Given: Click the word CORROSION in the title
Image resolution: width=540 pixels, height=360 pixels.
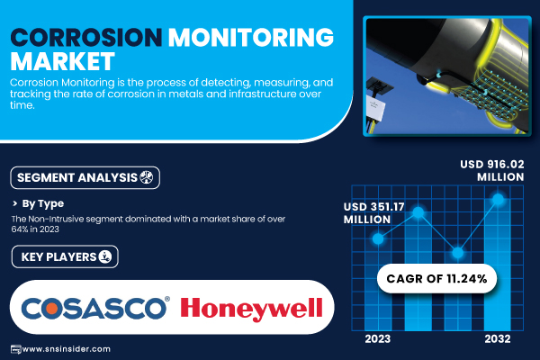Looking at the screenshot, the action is pos(86,37).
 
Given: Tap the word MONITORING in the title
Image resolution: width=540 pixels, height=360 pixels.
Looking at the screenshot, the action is pos(251,37).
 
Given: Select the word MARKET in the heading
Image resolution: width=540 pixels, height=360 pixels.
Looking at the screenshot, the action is pos(62,62).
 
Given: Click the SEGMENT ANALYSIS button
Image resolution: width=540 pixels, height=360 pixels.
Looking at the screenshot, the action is pos(85,178).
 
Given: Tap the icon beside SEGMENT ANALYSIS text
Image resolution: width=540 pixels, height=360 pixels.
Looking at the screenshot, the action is pos(147,177).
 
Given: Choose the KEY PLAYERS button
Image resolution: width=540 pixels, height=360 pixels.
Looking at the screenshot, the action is pos(65,256).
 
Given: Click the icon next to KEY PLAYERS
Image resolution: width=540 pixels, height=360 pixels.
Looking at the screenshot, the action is pos(105,256).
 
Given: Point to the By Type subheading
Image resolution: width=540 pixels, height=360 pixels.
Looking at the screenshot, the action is pos(42,203).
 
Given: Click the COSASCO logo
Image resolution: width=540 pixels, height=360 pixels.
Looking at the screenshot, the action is pos(95,308).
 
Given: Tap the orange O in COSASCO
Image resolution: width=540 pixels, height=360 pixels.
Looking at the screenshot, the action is pos(51,309).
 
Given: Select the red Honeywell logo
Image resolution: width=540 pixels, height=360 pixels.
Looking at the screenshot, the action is pos(251,309).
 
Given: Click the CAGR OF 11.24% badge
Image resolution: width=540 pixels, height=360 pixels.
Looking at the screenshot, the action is pos(436,279).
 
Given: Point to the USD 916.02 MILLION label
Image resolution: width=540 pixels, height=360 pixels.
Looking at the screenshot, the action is pos(492,170).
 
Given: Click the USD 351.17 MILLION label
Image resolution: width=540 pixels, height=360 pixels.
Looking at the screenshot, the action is pos(374,213).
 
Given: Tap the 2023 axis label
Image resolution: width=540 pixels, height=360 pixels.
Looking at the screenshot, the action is pos(378,339).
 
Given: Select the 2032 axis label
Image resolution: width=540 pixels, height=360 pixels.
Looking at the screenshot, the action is pos(498,339).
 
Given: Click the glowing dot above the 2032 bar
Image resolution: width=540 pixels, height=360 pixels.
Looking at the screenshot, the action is pos(498,199).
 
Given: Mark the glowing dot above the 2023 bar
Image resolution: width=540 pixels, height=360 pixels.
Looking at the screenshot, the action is pos(378,238).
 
